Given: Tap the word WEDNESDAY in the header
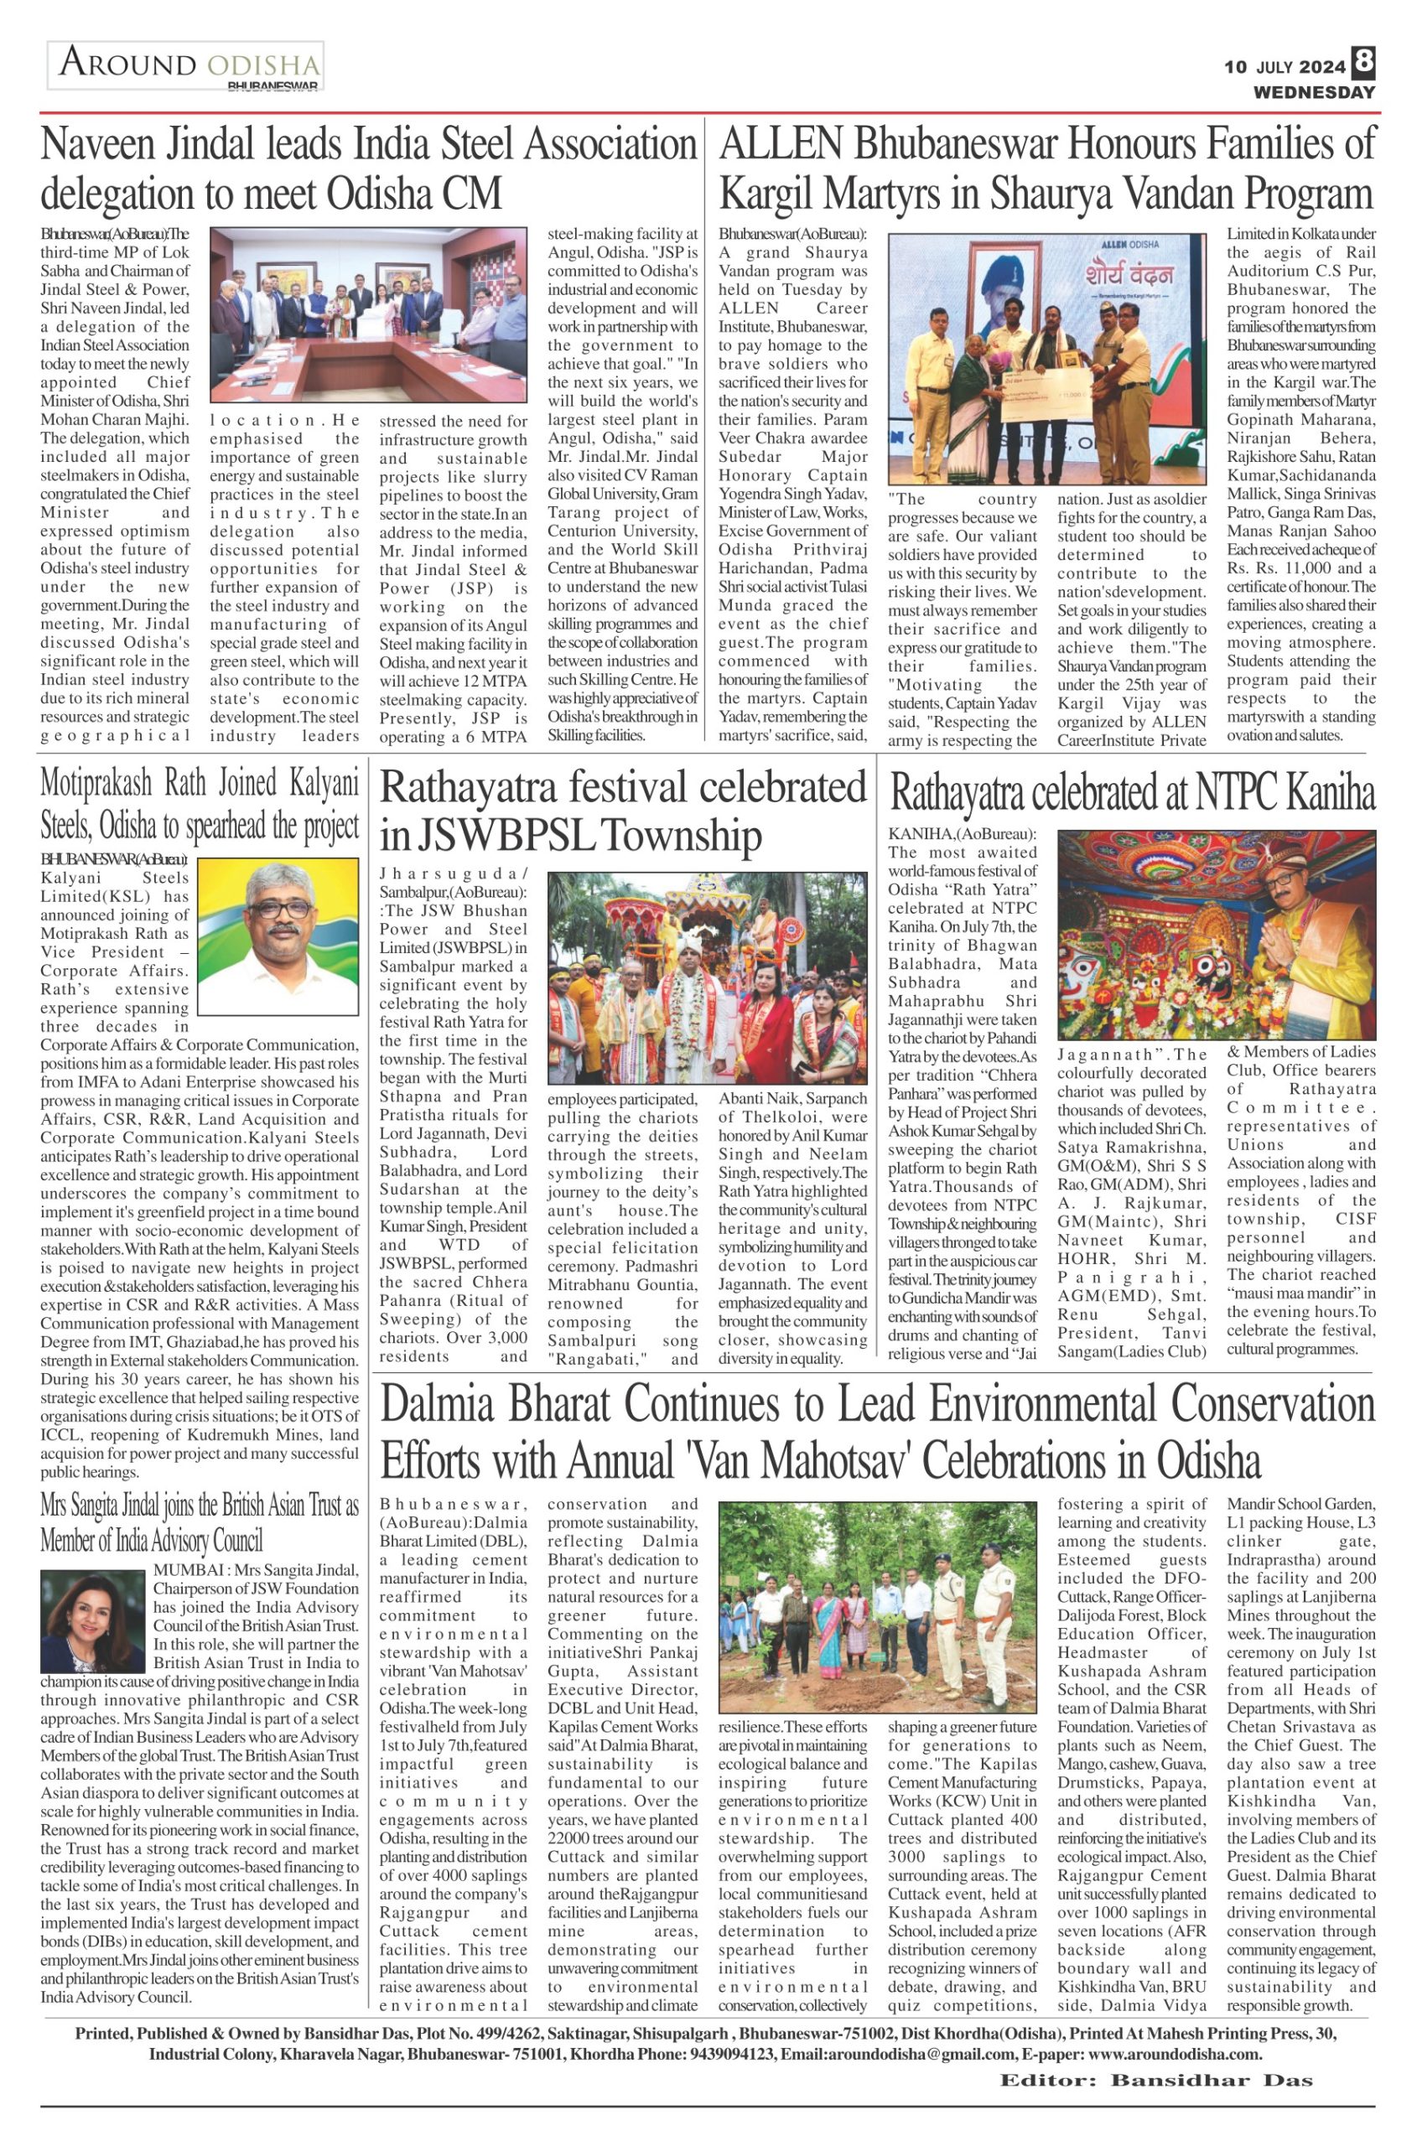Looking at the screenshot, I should point(1313,92).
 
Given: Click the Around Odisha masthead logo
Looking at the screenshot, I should point(186,67).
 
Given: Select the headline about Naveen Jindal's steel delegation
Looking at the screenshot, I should point(367,169).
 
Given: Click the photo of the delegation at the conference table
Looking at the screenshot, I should point(368,314).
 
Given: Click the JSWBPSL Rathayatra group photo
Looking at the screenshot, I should point(708,977).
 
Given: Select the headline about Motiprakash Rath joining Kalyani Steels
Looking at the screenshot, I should point(199,802).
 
